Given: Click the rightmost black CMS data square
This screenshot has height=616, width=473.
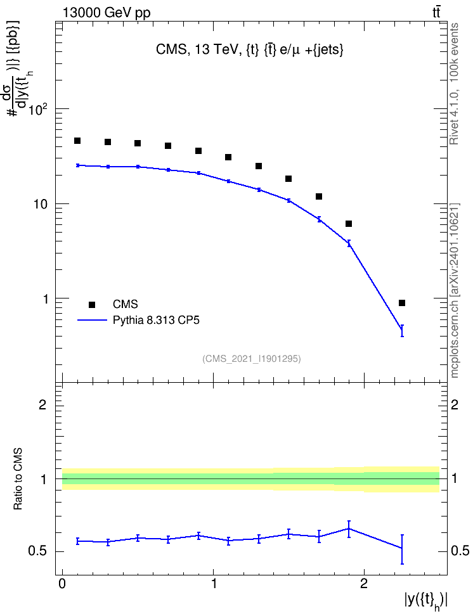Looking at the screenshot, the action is pyautogui.click(x=402, y=303).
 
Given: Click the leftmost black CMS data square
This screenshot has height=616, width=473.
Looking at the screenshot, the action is pyautogui.click(x=77, y=141).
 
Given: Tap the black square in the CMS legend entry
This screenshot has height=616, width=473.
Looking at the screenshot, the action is pyautogui.click(x=92, y=304).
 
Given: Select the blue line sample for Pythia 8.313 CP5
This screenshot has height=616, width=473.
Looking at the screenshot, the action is pyautogui.click(x=92, y=320).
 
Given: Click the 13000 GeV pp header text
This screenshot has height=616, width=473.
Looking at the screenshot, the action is pyautogui.click(x=107, y=13).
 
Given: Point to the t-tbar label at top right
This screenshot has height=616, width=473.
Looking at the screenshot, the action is pyautogui.click(x=436, y=13).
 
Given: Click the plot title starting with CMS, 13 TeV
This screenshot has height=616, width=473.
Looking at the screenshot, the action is pyautogui.click(x=250, y=49).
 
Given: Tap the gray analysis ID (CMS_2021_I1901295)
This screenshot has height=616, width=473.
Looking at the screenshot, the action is pyautogui.click(x=252, y=359).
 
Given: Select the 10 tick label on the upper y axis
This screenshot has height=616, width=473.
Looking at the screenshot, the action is pyautogui.click(x=41, y=205).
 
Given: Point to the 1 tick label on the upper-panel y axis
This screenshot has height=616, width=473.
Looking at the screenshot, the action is pyautogui.click(x=45, y=299).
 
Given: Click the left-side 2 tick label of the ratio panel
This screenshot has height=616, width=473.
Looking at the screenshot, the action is pyautogui.click(x=42, y=404).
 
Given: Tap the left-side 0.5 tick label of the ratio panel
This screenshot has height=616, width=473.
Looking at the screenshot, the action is pyautogui.click(x=37, y=551).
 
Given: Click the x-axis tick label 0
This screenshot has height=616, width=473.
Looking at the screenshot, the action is pyautogui.click(x=62, y=584).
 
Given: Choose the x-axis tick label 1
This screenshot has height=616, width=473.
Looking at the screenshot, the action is pyautogui.click(x=214, y=584).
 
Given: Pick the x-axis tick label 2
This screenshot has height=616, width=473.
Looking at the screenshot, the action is pyautogui.click(x=364, y=584).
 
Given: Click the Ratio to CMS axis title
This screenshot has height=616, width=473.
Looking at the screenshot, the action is pyautogui.click(x=18, y=478).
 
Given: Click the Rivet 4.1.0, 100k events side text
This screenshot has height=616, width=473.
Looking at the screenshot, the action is pyautogui.click(x=454, y=84).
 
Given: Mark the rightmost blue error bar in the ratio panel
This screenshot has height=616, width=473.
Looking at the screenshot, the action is pyautogui.click(x=402, y=549).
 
